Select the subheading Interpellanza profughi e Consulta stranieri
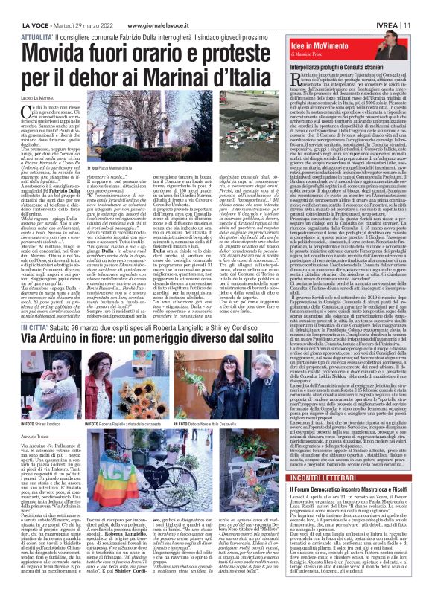coord(342,67)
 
